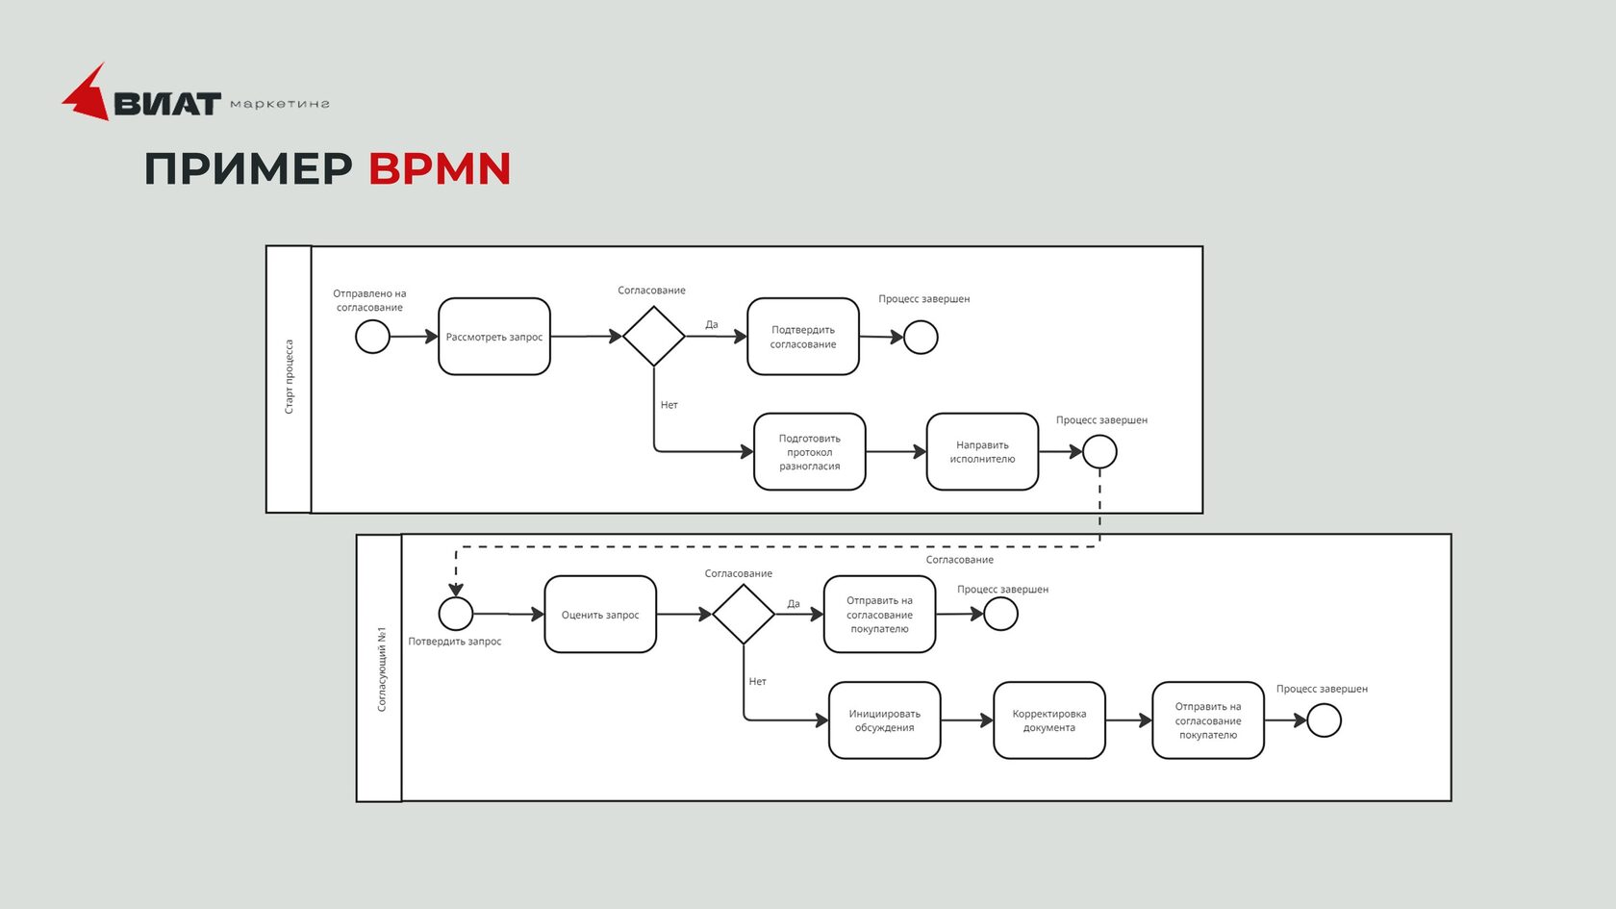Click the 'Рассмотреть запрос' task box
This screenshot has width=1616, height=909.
494,337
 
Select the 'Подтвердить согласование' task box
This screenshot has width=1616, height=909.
803,337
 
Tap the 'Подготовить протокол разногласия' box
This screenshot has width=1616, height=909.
809,452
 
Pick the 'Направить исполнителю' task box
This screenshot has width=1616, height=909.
982,452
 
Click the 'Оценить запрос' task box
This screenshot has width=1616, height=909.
600,615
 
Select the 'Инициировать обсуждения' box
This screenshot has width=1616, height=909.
884,720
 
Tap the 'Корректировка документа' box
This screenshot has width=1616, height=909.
1048,720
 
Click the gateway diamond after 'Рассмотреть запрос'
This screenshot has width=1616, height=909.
654,336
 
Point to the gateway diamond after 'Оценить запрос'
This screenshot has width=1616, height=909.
744,614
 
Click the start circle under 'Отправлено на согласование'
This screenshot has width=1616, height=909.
372,337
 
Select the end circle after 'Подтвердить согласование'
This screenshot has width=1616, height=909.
921,338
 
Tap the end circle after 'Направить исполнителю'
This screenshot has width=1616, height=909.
1099,451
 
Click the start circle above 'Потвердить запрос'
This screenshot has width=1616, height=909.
456,614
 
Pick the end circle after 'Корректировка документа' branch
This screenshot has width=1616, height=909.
1324,720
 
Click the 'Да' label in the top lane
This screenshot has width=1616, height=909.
712,325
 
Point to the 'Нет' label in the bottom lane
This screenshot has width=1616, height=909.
758,682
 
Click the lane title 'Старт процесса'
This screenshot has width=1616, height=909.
289,377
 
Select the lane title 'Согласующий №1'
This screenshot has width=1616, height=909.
381,669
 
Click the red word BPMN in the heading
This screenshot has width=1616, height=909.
440,169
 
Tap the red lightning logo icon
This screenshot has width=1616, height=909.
87,94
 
